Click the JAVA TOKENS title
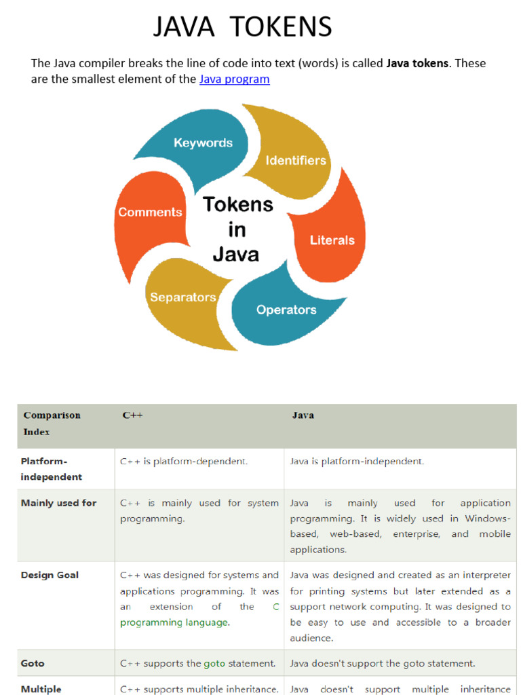242,26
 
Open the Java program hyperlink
234,79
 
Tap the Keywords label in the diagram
203,143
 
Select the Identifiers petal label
296,160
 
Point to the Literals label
332,240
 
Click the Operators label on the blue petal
286,309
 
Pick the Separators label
183,297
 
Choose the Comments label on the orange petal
150,212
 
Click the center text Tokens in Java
237,229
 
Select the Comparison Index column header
52,424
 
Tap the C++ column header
132,415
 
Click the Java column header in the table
303,415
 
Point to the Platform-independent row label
52,469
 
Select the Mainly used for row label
58,503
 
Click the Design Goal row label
50,576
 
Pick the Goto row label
33,664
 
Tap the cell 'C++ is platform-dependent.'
184,462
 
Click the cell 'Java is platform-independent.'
357,462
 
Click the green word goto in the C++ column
214,664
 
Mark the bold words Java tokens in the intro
417,63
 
